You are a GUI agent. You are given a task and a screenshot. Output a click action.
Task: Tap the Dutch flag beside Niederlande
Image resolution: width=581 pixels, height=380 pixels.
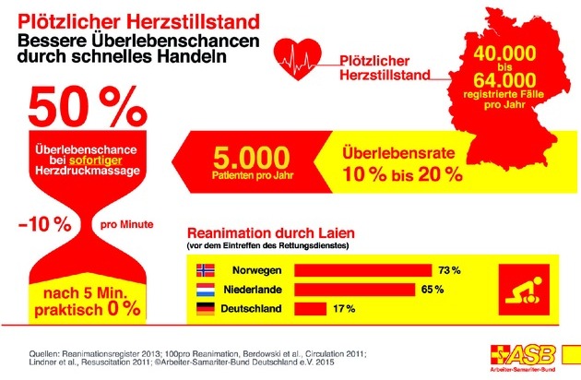click(x=207, y=290)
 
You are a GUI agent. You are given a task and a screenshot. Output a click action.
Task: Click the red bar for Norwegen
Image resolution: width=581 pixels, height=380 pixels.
click(x=362, y=269)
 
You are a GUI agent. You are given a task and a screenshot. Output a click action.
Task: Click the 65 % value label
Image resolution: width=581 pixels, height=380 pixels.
click(x=433, y=290)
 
